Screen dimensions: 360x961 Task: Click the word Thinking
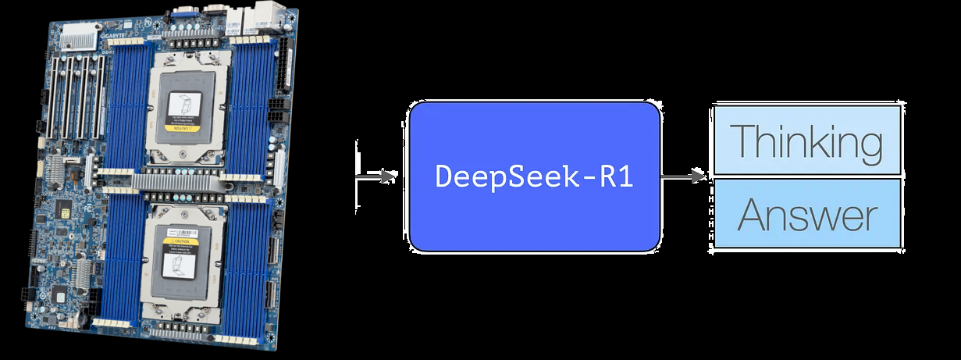click(807, 141)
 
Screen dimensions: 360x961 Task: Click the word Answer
click(807, 214)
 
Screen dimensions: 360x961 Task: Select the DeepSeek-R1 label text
click(533, 176)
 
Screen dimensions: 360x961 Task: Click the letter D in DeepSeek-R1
click(442, 176)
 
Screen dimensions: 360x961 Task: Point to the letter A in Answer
click(752, 214)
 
